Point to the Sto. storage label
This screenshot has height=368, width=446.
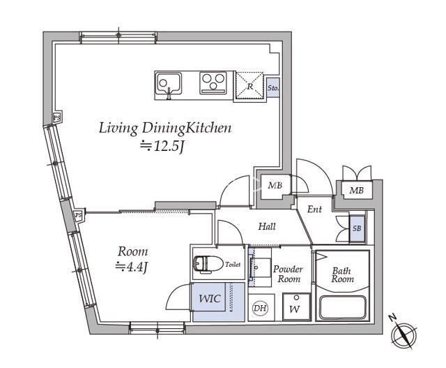point(273,89)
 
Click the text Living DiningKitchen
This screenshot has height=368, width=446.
point(164,128)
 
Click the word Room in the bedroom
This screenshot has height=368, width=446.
point(132,251)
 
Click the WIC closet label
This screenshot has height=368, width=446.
point(210,299)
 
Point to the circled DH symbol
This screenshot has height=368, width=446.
point(259,307)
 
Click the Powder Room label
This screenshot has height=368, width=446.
point(286,274)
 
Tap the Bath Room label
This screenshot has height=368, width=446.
point(343,274)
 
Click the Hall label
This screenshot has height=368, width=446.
point(267,226)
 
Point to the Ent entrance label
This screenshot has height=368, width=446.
point(314,209)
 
